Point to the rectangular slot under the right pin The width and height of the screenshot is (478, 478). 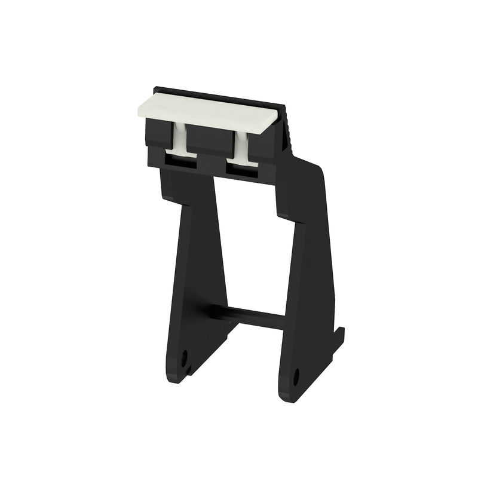click(x=241, y=168)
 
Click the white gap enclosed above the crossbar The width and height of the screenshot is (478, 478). click(x=251, y=251)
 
